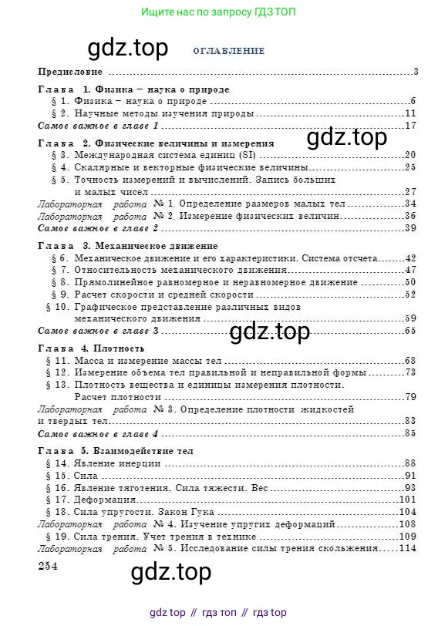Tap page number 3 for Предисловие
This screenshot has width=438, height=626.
click(415, 72)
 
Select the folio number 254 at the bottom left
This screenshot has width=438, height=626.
click(48, 566)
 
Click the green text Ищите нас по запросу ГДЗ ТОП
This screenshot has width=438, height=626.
click(218, 12)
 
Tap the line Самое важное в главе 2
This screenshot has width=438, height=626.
click(98, 227)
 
